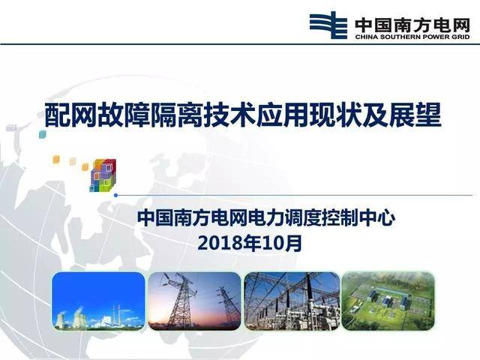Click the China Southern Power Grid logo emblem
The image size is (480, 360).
click(x=327, y=24)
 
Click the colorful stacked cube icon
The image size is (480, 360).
click(x=102, y=175)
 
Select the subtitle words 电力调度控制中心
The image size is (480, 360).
click(x=325, y=220)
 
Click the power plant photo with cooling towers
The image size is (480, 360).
click(x=98, y=300)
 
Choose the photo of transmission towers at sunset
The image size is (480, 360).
click(x=194, y=300)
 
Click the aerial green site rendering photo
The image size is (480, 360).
click(x=388, y=300)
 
